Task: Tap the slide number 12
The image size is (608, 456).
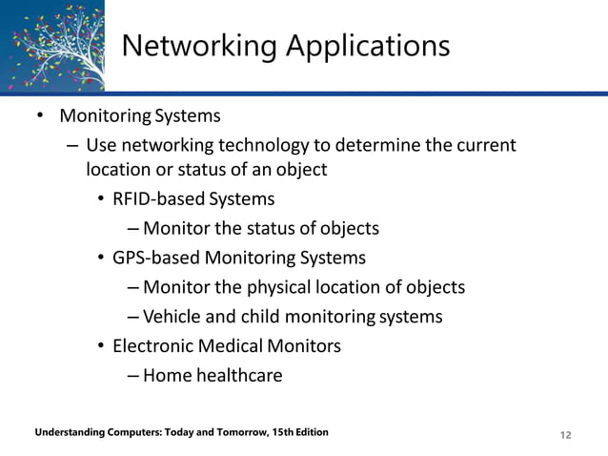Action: pyautogui.click(x=566, y=435)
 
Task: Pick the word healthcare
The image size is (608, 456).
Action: pyautogui.click(x=239, y=375)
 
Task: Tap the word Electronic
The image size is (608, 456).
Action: pyautogui.click(x=154, y=345)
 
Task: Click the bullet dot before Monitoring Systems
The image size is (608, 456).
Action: pyautogui.click(x=39, y=117)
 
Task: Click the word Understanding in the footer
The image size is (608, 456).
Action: pyautogui.click(x=67, y=433)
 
